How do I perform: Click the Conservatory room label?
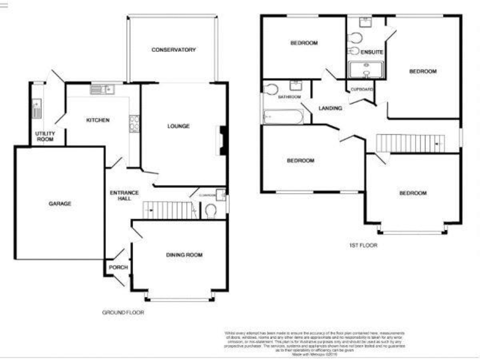[174, 50]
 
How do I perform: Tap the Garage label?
[61, 204]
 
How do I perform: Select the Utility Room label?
[44, 136]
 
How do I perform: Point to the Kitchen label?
[98, 120]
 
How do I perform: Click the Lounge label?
[178, 126]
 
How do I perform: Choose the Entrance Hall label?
[124, 196]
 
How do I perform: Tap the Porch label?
[118, 267]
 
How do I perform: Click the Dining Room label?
[184, 255]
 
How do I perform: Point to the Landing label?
[330, 108]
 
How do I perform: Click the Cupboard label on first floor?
[362, 90]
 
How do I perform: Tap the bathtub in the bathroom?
[282, 116]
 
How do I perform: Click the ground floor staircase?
[166, 210]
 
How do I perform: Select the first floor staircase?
[409, 143]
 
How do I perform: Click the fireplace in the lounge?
[221, 141]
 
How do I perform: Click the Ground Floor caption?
[122, 312]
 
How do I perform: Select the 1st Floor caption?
[363, 246]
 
